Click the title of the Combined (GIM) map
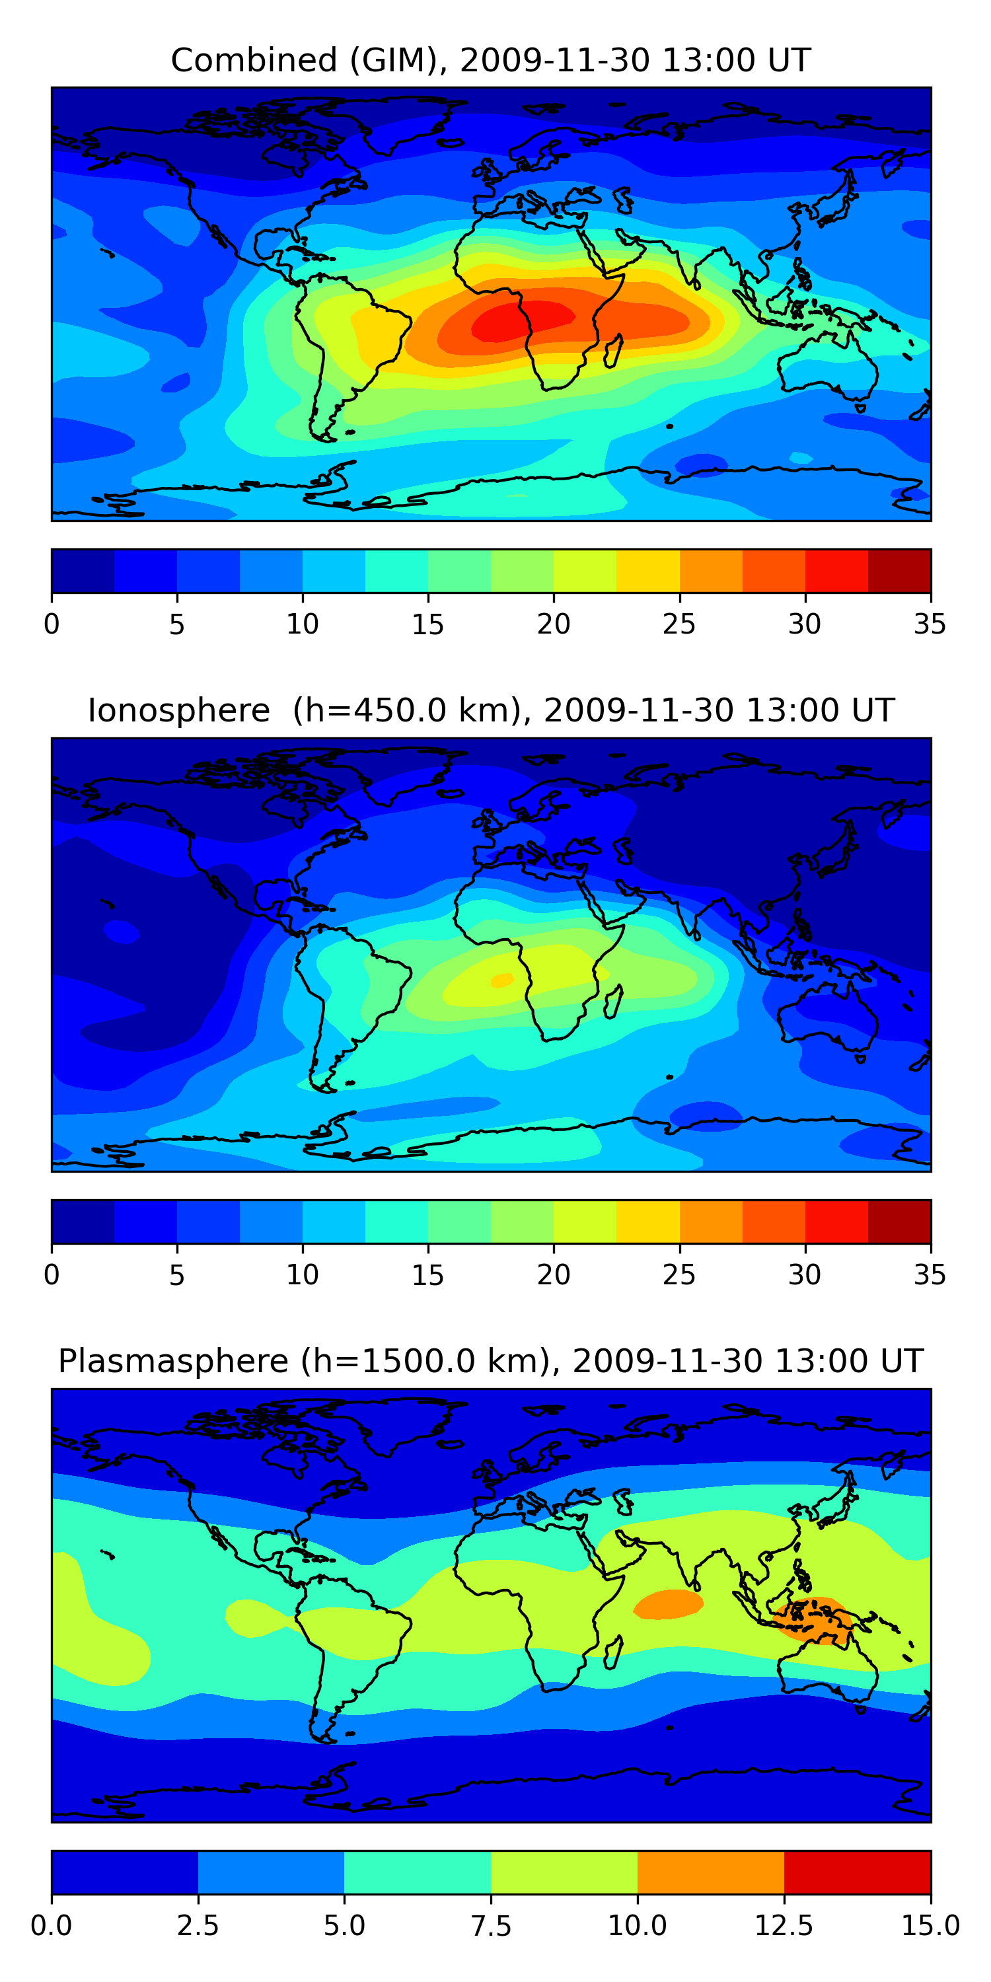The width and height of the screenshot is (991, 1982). point(491,60)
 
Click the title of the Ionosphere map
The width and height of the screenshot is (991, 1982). point(491,710)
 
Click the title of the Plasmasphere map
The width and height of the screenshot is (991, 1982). point(491,1361)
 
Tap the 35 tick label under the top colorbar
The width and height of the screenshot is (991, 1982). point(930,624)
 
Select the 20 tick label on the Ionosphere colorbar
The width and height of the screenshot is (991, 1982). point(553,1275)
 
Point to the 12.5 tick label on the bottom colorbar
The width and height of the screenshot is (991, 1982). point(784,1926)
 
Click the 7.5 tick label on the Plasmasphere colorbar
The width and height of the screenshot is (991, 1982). point(491,1926)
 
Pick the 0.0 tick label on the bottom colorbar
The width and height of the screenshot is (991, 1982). point(52,1926)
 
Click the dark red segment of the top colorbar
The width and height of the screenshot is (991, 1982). point(899,571)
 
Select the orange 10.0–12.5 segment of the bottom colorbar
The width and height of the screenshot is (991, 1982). point(711,1872)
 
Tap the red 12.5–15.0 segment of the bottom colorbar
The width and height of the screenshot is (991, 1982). point(857,1872)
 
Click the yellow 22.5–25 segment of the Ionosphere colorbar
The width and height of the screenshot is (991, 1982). point(648,1221)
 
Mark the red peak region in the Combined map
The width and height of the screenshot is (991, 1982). point(523,321)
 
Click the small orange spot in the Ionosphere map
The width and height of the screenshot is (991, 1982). point(502,980)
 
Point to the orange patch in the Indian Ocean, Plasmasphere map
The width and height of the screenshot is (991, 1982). point(668,1604)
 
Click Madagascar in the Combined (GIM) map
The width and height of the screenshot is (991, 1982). point(614,351)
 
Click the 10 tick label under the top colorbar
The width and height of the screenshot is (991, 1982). point(303,624)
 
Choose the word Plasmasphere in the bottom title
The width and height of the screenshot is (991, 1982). point(173,1362)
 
